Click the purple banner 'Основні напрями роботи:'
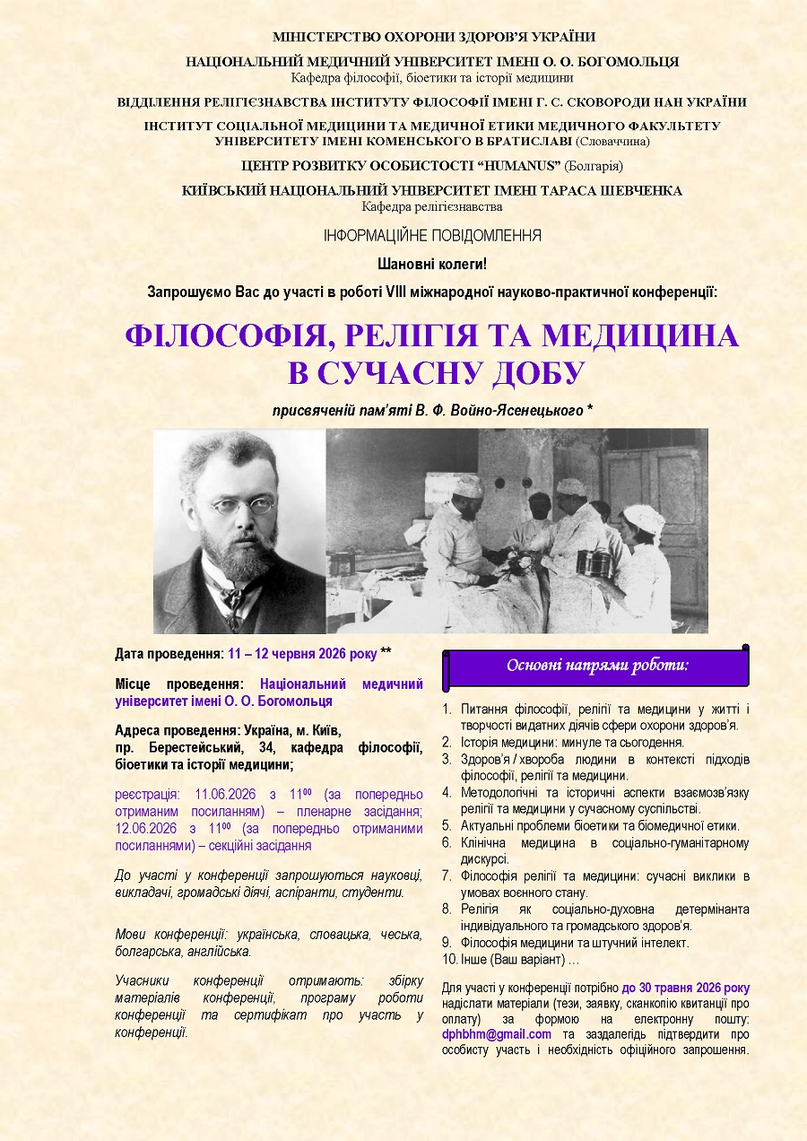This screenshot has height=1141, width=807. coord(597,666)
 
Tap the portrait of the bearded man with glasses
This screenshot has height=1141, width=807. coord(239,531)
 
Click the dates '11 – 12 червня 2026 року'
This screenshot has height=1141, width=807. coord(302,653)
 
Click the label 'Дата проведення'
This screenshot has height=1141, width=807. coord(169,653)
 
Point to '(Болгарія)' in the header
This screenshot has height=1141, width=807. coord(594,165)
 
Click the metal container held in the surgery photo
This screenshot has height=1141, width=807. coord(594,563)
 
